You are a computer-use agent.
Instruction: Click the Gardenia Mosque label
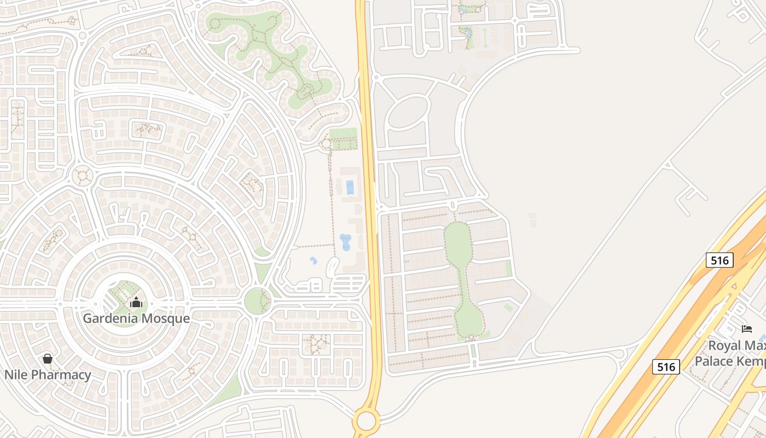click(x=136, y=318)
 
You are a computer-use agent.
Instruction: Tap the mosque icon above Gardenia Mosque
click(x=136, y=302)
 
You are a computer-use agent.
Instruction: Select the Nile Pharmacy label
click(x=48, y=375)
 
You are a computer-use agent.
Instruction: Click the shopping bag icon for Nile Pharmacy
click(x=48, y=359)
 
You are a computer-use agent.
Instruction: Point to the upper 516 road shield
click(x=719, y=260)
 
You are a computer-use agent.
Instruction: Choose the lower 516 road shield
click(x=666, y=366)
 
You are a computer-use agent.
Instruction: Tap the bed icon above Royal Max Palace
click(x=746, y=328)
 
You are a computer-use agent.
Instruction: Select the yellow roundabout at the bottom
click(x=366, y=421)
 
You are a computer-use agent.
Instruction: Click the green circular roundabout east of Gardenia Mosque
click(x=257, y=301)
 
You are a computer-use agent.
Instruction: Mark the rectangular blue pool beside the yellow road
click(x=350, y=188)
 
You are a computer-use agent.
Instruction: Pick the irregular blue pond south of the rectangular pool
click(x=345, y=241)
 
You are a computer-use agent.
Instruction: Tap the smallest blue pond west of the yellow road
click(x=314, y=261)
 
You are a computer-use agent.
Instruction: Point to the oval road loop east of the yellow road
click(x=409, y=112)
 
